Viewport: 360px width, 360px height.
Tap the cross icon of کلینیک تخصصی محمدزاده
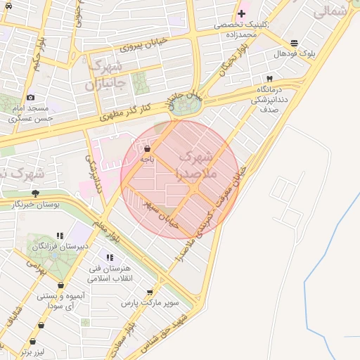[x=241, y=13]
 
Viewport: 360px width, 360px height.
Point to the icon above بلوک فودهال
[x=293, y=43]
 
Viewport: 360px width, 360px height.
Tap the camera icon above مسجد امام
[x=30, y=98]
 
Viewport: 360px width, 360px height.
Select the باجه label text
[x=146, y=160]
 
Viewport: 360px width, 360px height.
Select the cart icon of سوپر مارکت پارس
[x=150, y=292]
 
